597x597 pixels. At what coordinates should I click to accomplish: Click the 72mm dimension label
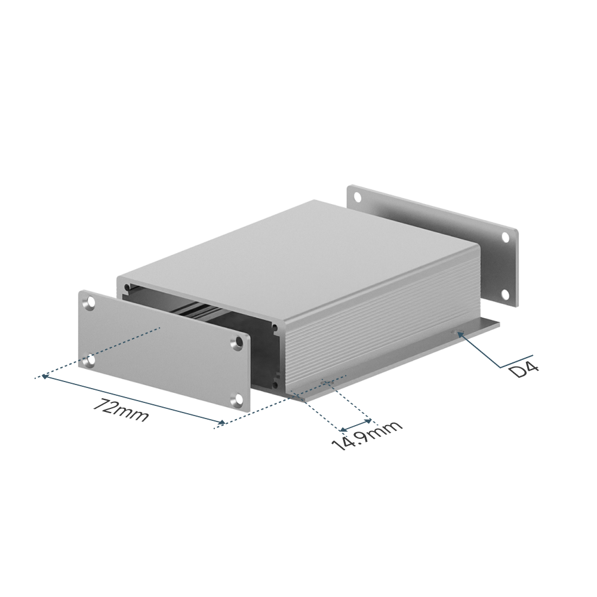click(121, 410)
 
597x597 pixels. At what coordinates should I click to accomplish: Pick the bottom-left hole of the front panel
click(90, 360)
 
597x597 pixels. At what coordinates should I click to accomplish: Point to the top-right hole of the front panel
click(239, 342)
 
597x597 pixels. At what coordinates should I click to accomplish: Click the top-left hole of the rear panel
click(358, 197)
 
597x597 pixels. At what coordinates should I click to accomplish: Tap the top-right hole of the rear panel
click(506, 237)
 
